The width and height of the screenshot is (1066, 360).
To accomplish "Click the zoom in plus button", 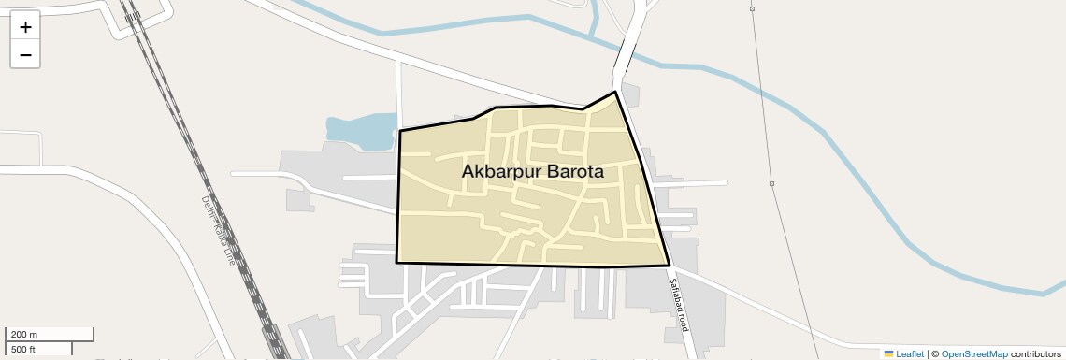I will pyautogui.click(x=25, y=27).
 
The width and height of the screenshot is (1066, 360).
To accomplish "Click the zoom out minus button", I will pyautogui.click(x=25, y=54).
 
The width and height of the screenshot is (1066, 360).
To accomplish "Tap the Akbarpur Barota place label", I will pyautogui.click(x=532, y=172).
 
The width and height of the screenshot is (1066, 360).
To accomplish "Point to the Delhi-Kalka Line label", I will pyautogui.click(x=217, y=230).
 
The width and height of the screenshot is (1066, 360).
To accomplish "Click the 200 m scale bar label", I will pyautogui.click(x=23, y=335).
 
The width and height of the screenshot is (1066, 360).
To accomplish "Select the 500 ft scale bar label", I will pyautogui.click(x=23, y=350).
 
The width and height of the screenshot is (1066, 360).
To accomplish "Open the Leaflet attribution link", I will pyautogui.click(x=910, y=354).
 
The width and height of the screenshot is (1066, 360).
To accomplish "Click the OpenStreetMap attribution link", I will pyautogui.click(x=973, y=354).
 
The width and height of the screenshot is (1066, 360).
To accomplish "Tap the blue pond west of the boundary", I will pyautogui.click(x=360, y=130).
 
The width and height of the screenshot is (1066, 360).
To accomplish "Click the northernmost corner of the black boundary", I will pyautogui.click(x=614, y=92).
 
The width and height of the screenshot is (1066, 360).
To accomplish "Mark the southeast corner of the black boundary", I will pyautogui.click(x=670, y=266).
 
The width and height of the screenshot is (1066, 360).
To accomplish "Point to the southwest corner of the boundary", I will pyautogui.click(x=396, y=263).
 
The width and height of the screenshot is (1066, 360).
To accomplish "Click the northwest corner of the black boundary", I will pyautogui.click(x=400, y=131).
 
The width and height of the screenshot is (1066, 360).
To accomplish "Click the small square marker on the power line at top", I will pyautogui.click(x=752, y=8).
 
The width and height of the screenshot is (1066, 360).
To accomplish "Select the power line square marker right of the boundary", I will pyautogui.click(x=771, y=183).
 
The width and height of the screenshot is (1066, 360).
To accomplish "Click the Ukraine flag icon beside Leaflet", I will pyautogui.click(x=888, y=354).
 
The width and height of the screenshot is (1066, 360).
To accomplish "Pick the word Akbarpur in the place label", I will pyautogui.click(x=501, y=172).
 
